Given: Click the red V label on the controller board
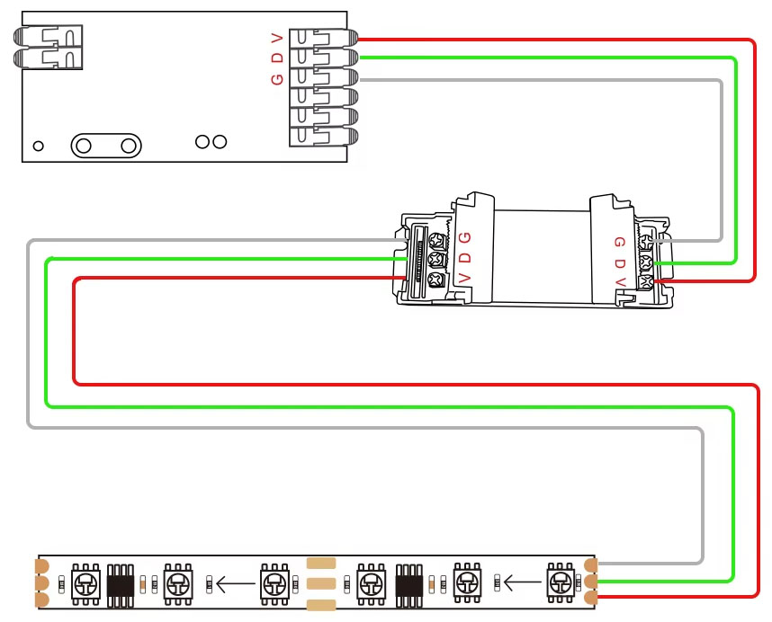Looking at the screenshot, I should (x=277, y=38).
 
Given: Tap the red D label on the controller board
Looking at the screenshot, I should (x=277, y=58).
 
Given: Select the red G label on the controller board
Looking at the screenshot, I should (x=277, y=78).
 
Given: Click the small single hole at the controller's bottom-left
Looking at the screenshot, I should (x=38, y=146).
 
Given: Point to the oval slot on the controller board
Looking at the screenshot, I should (x=107, y=145).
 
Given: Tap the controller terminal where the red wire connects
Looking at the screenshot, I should (x=324, y=39).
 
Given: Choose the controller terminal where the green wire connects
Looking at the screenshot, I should (x=324, y=58).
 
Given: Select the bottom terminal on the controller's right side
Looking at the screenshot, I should (x=324, y=137).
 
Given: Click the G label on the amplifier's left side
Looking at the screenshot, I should (x=464, y=237).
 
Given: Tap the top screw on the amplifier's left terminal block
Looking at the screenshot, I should (x=439, y=242).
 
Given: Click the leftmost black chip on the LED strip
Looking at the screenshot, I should (x=120, y=582).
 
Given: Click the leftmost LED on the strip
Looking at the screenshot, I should (x=85, y=582).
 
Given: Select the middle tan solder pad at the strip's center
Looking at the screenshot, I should (x=321, y=582).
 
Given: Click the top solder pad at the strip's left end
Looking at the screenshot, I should (x=41, y=566).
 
